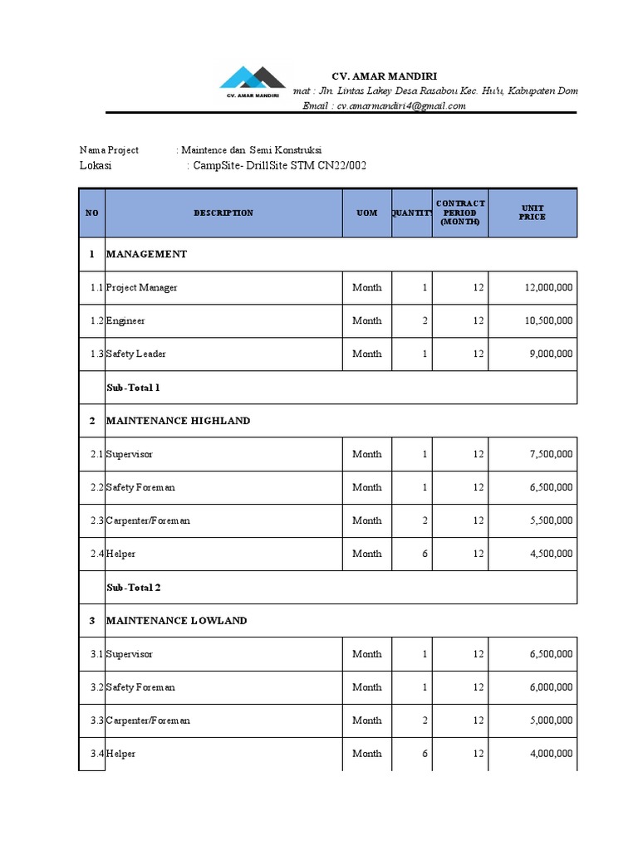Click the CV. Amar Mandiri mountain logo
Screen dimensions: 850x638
(252, 81)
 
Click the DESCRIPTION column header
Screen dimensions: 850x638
(223, 213)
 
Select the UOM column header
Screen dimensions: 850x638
(366, 213)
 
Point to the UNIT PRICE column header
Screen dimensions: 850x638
(532, 212)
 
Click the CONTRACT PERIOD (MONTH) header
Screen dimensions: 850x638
(460, 212)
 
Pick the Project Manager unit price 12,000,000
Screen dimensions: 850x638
(548, 287)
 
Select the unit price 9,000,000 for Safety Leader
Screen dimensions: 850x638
(551, 354)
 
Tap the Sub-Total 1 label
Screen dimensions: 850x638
(133, 388)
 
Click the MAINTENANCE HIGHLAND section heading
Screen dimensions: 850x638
(178, 421)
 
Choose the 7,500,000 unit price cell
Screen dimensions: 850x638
(551, 454)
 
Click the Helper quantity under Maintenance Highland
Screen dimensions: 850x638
(425, 554)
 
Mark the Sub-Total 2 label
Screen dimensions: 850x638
(133, 588)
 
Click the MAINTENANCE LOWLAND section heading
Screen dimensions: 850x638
(176, 621)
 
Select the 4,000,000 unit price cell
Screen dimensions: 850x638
(551, 754)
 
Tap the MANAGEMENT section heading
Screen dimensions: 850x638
(146, 254)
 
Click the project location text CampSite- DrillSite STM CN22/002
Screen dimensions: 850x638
(279, 166)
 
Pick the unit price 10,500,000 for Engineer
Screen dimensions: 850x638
(548, 320)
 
